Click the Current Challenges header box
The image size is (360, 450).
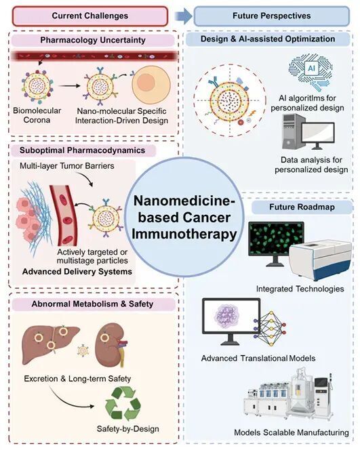90,16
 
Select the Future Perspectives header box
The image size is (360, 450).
272,16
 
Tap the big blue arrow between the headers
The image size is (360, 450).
184,16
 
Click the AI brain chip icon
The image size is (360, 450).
311,72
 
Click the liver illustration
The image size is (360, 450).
51,345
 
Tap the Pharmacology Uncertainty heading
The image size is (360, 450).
93,40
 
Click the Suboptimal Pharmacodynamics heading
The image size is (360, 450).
83,150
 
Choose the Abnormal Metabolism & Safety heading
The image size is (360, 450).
92,304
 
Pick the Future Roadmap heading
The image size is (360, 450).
302,207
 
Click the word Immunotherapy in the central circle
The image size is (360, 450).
184,234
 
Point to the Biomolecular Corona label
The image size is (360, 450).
37,115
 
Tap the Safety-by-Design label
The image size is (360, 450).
127,429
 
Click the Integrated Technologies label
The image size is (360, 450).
300,289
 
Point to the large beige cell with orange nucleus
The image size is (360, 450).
151,85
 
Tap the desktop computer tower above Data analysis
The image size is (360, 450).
292,131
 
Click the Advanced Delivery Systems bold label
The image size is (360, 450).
77,272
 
